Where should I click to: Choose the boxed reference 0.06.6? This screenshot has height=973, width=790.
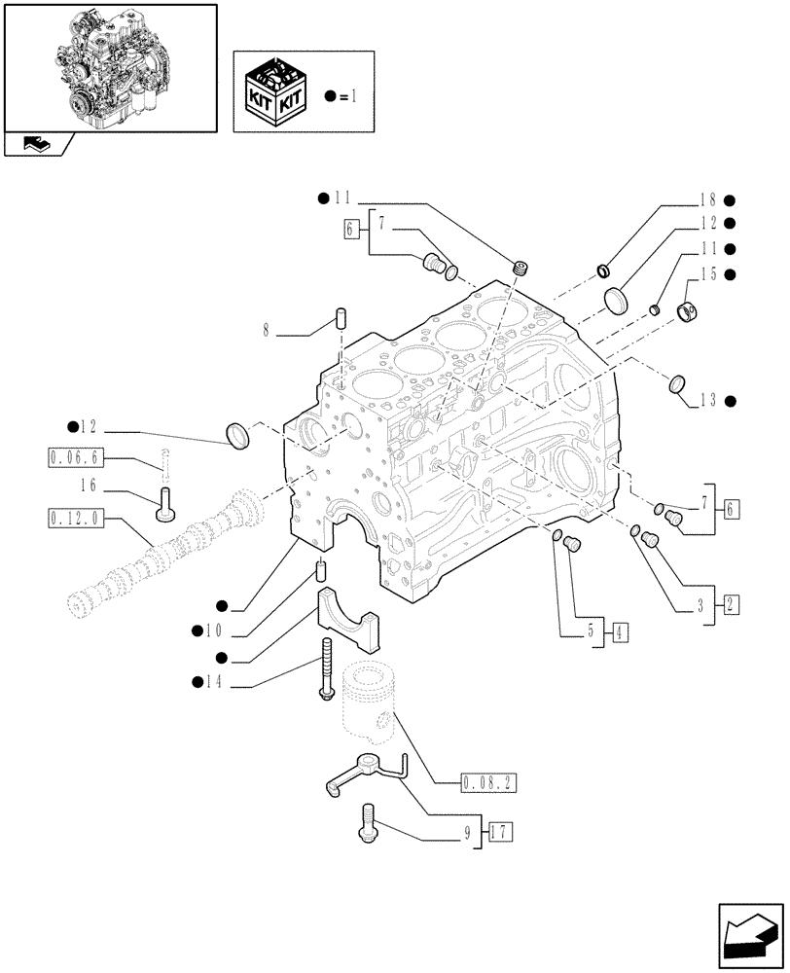[73, 455]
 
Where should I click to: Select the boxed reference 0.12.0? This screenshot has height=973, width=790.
[73, 516]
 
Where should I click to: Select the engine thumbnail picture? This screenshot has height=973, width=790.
[110, 66]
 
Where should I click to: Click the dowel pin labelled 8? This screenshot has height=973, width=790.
[341, 317]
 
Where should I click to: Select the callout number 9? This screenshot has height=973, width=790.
[467, 832]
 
